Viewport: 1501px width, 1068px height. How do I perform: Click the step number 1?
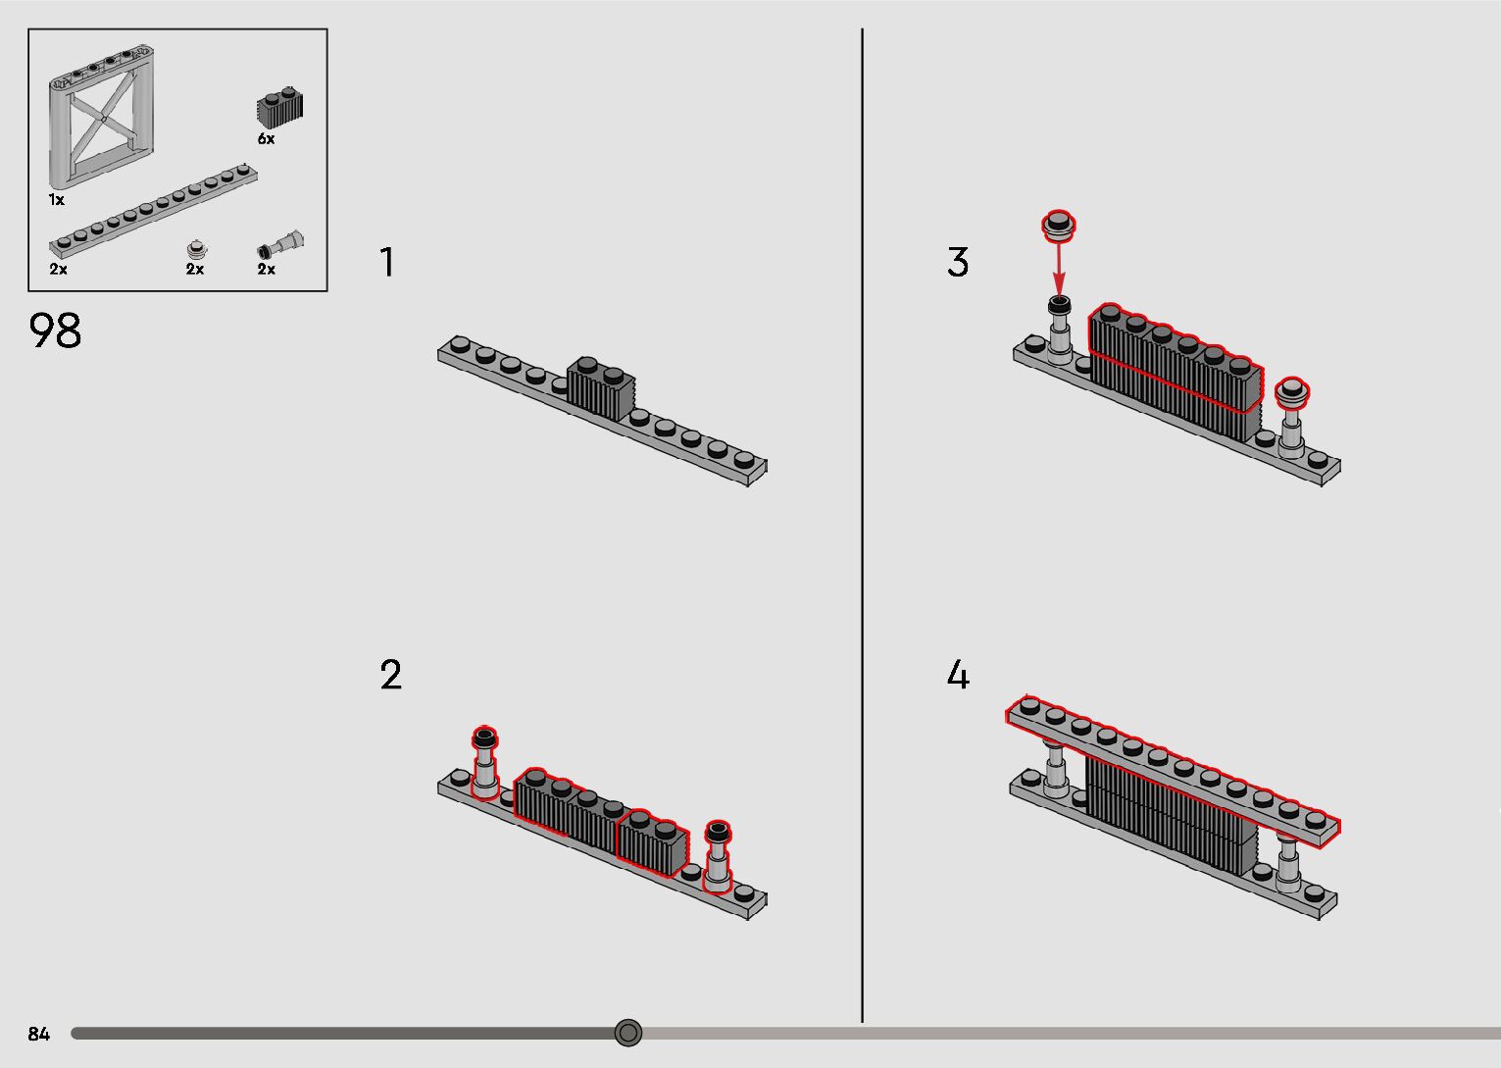[386, 262]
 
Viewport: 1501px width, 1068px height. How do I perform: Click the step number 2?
[390, 675]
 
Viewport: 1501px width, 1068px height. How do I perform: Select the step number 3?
[958, 262]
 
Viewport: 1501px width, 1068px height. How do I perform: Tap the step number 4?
[958, 675]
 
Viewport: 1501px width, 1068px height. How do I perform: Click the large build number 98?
[55, 331]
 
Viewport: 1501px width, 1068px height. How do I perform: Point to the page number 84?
[39, 1034]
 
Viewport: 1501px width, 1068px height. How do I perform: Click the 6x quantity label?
[266, 139]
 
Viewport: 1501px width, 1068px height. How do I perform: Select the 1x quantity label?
[56, 200]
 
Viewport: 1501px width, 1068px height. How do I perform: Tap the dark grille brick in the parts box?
[280, 107]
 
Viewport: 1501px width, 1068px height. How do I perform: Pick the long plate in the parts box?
[153, 211]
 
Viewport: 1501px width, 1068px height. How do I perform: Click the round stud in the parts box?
[197, 249]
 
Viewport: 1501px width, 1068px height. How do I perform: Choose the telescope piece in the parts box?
[280, 245]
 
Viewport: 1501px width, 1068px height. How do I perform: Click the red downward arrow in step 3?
[1059, 270]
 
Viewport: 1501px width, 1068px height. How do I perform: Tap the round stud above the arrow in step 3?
[1059, 226]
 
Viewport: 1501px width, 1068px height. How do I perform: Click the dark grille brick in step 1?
[601, 388]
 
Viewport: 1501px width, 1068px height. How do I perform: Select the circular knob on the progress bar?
[627, 1033]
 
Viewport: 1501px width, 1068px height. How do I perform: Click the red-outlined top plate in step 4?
[1173, 771]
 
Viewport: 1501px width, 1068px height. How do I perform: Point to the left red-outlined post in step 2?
[484, 763]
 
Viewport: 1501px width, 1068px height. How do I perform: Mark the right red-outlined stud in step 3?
[1292, 391]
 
